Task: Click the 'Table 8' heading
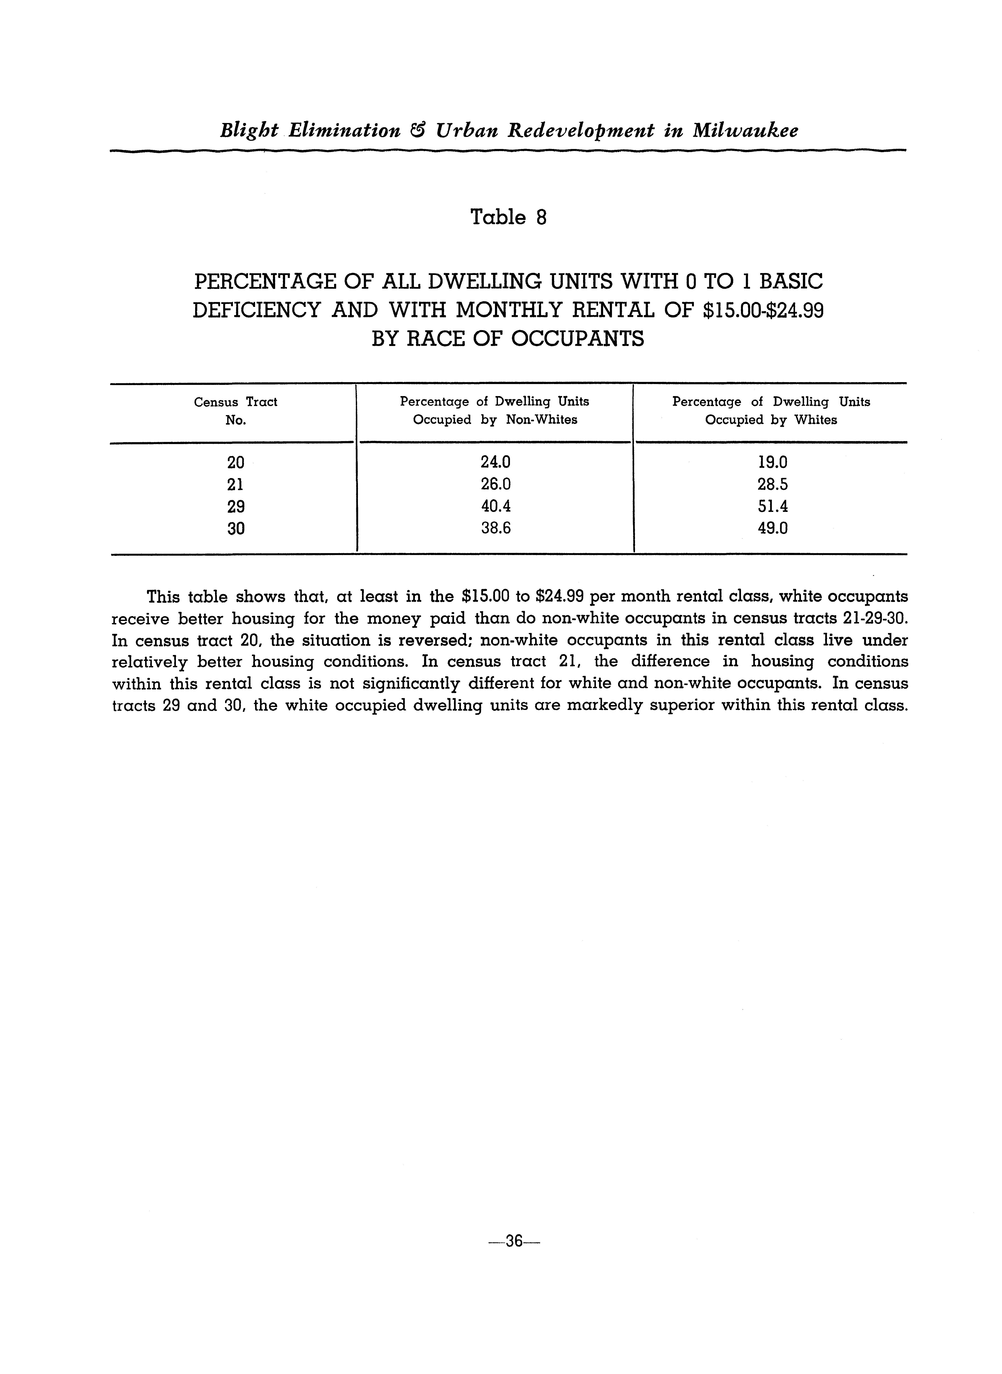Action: [508, 217]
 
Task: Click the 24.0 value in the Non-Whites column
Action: [496, 462]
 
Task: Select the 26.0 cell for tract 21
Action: [496, 484]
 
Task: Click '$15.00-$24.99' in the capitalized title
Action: [762, 310]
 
